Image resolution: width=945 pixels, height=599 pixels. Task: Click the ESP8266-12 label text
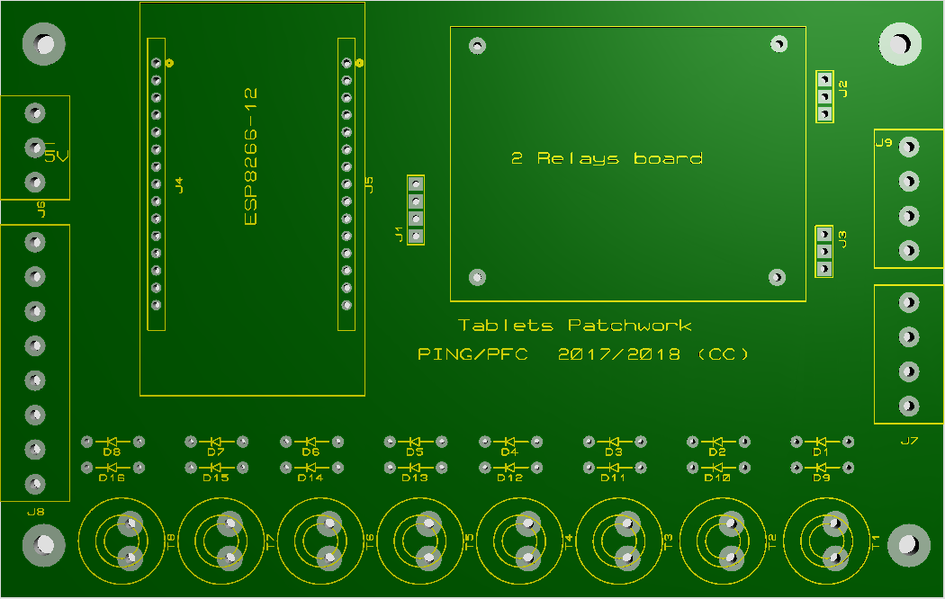coord(251,156)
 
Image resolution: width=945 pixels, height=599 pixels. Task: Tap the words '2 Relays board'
coord(607,158)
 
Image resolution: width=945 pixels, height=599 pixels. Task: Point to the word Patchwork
coord(630,326)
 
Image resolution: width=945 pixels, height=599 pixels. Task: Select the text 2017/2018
coord(619,354)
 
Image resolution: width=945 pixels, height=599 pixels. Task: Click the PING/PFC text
coord(472,354)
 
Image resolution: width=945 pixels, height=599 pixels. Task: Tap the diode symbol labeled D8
coord(112,442)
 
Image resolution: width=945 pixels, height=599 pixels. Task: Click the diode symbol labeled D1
coord(821,442)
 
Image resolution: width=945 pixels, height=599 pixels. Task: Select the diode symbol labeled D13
coord(415,467)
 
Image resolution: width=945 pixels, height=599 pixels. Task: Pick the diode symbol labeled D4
coord(509,442)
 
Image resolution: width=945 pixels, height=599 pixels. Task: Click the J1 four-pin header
coord(416,210)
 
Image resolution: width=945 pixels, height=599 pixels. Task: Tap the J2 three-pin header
coord(824,96)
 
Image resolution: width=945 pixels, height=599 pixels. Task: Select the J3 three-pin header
coord(824,251)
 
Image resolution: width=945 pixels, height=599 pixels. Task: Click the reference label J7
coord(909,441)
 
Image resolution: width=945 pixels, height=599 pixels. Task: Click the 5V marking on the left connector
coord(56,156)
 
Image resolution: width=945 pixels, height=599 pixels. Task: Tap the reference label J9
coord(884,142)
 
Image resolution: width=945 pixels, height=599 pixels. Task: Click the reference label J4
coord(179,184)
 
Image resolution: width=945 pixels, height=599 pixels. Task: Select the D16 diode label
coord(112,478)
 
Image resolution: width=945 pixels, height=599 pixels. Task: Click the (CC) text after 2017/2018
coord(723,354)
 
